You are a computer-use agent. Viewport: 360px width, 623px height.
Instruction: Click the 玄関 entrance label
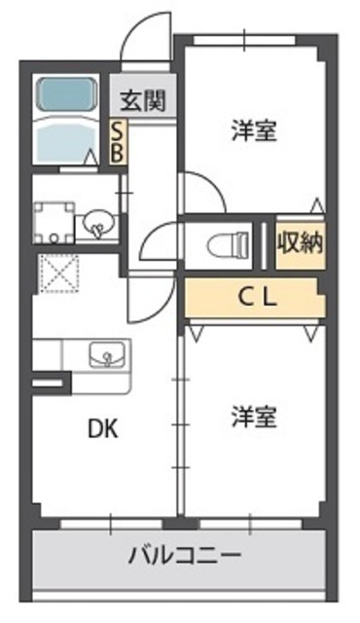(142, 99)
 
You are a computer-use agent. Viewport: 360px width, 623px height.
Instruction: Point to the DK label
(104, 429)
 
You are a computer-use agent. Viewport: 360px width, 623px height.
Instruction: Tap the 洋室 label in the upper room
(255, 130)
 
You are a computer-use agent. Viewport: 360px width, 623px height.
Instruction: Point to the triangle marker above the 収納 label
(314, 207)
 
